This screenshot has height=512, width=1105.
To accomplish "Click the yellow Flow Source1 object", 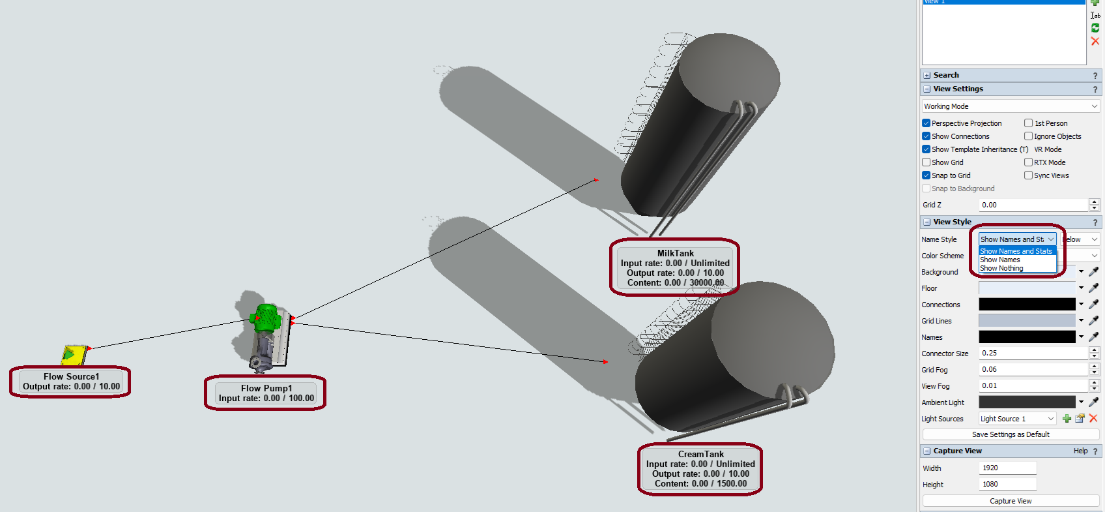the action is click(x=74, y=354).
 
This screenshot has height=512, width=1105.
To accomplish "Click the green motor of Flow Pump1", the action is click(x=266, y=318).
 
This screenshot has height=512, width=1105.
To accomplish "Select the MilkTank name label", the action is click(x=676, y=253).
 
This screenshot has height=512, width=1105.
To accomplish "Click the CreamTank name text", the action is click(x=700, y=454).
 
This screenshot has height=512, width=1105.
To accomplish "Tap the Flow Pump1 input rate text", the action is click(x=266, y=398).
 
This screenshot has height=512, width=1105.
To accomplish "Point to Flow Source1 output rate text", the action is click(x=72, y=386).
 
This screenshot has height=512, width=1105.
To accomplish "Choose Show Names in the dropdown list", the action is click(x=1000, y=260).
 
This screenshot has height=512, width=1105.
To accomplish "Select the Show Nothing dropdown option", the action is click(x=1001, y=268).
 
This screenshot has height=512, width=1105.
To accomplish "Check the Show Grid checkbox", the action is click(x=926, y=162).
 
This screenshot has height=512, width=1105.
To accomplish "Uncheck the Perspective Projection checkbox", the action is click(x=926, y=123).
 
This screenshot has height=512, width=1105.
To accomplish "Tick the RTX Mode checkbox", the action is click(x=1029, y=162).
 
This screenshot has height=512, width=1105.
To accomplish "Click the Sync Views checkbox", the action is click(x=1029, y=175).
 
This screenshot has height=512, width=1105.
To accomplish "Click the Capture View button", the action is click(x=1011, y=501).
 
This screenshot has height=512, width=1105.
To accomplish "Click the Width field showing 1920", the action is click(x=1007, y=468).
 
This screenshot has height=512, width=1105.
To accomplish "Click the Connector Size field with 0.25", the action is click(x=1033, y=353).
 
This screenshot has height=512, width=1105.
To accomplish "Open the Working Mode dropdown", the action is click(x=1011, y=106).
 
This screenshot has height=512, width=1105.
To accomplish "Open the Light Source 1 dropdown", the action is click(x=1017, y=419).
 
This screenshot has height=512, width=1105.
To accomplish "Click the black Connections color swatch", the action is click(x=1027, y=304).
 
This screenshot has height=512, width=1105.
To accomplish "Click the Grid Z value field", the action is click(x=1033, y=205).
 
